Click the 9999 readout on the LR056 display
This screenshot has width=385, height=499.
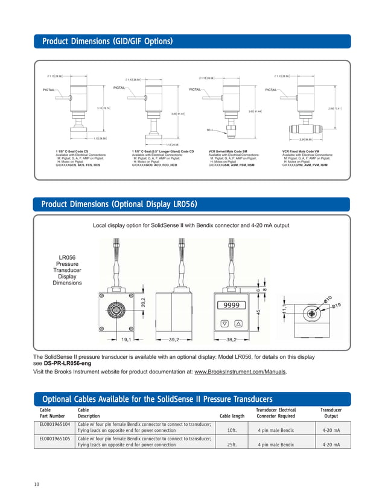232,306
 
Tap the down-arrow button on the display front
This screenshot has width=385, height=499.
224,324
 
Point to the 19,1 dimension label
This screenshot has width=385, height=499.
127,340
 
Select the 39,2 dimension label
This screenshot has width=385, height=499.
175,340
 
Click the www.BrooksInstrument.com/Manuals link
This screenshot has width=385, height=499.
241,372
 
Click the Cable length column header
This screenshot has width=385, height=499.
232,416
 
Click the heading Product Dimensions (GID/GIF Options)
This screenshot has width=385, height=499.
107,42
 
